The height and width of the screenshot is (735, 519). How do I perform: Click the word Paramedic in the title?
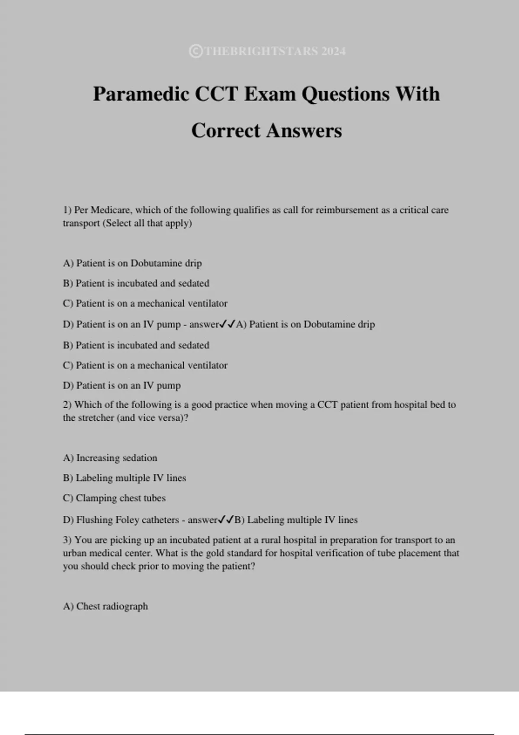tap(141, 94)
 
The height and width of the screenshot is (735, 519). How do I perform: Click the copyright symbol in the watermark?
tap(195, 51)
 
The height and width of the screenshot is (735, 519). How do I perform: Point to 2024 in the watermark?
tap(333, 51)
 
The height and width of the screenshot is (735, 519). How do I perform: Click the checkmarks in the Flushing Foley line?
tap(226, 519)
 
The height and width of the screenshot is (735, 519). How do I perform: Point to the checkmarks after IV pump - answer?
tap(227, 324)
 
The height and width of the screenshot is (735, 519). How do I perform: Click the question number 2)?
tap(67, 405)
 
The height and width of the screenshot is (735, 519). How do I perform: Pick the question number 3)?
tap(67, 540)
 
